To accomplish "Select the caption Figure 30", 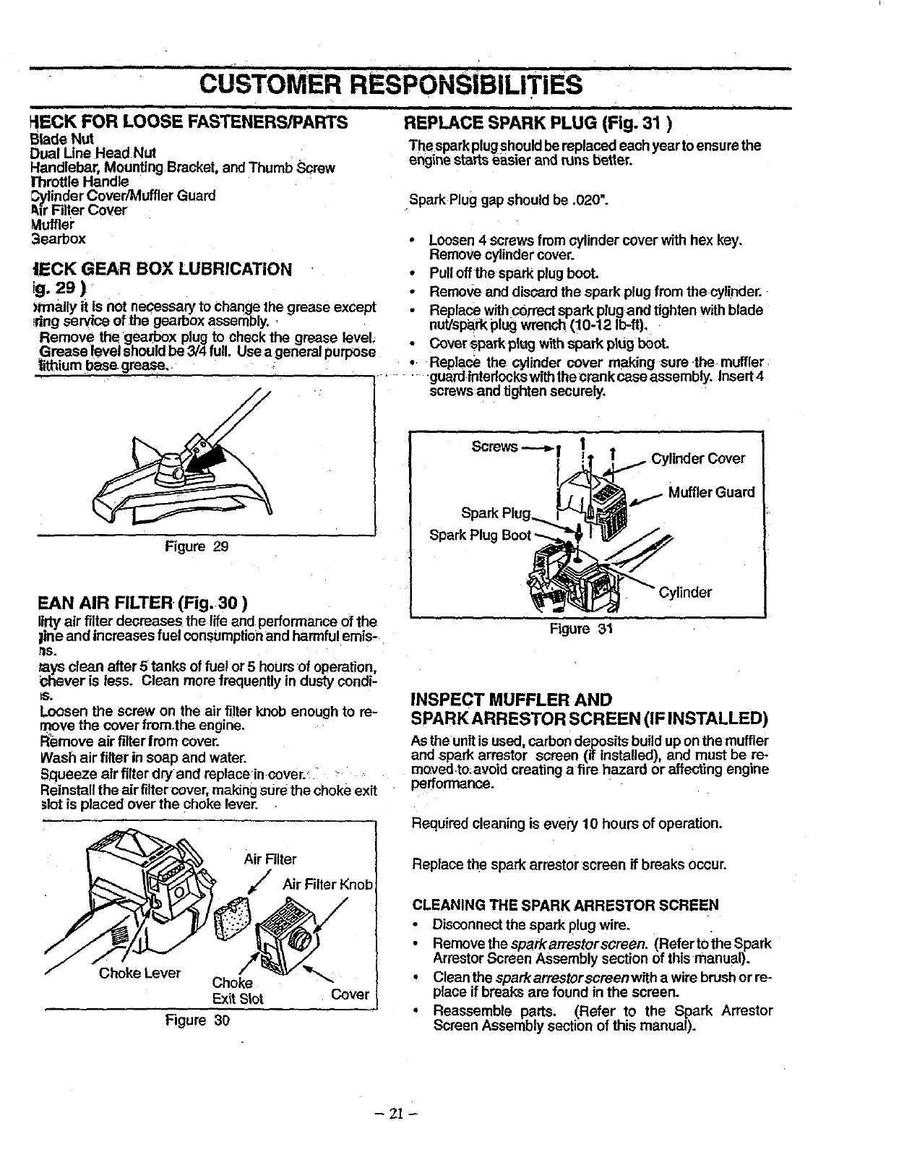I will [x=197, y=1020].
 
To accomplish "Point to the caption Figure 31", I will [x=581, y=629].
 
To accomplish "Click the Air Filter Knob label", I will [x=327, y=885].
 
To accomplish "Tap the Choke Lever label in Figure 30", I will [x=139, y=973].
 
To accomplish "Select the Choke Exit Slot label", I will [x=238, y=991].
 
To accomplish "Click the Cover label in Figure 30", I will [x=350, y=994].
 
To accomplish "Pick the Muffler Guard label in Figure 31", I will [x=711, y=492].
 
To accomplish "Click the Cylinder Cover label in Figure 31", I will [x=698, y=459].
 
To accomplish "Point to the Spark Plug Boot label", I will [x=480, y=535].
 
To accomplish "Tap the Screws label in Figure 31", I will [x=494, y=446].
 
